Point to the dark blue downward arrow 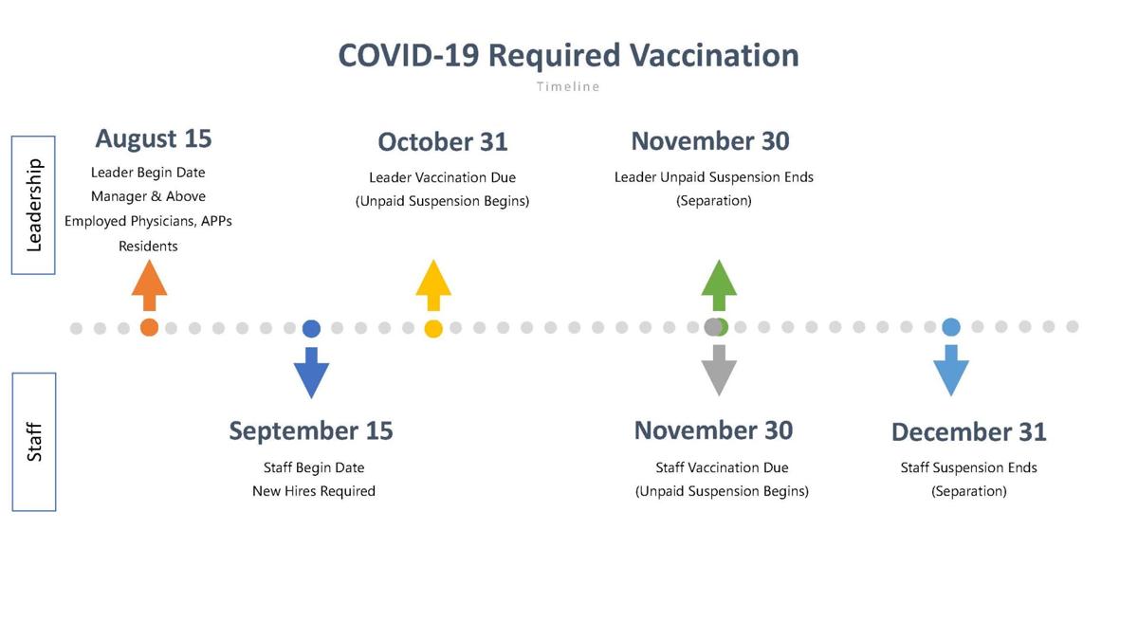pos(311,372)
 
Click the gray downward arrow pos(719,370)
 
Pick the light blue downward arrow pos(951,370)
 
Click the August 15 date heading pos(154,138)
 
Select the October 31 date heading pos(443,142)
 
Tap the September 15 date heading pos(311,430)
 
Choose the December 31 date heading pos(968,432)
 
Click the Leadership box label pos(33,205)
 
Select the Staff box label pos(34,442)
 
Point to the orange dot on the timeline pos(149,328)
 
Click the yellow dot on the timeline pos(433,329)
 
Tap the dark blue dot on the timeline pos(311,329)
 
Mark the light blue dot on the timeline pos(951,327)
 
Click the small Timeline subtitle pos(568,86)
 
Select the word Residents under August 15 pos(148,246)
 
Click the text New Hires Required pos(314,491)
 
